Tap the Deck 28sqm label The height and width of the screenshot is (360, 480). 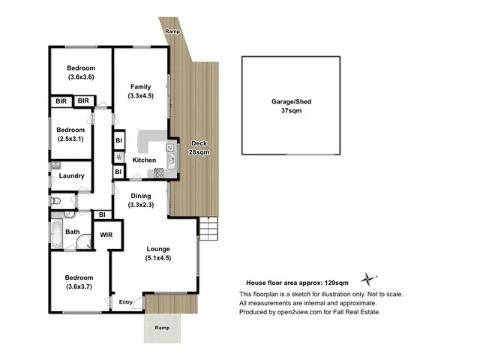[199, 147]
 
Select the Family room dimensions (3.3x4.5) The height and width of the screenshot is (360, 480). [140, 95]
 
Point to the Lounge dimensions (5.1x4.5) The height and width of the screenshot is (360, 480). [158, 259]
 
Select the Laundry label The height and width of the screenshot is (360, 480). [72, 176]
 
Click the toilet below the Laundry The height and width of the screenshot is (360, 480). [55, 201]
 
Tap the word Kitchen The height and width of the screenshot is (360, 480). [144, 160]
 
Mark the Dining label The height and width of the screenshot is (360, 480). [141, 196]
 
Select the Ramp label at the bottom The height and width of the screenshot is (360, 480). [161, 328]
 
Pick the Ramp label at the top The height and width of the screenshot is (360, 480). [172, 31]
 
